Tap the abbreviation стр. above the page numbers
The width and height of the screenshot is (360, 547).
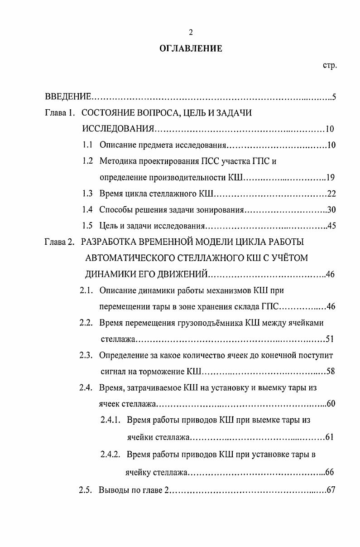tap(329, 66)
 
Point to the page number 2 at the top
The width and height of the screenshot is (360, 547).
tap(191, 32)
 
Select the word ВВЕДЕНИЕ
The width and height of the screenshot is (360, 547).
tap(68, 97)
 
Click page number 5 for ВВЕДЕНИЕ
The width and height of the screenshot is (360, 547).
tap(333, 97)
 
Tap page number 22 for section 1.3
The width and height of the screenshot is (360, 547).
tap(331, 194)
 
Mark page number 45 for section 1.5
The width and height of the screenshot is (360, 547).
tap(331, 226)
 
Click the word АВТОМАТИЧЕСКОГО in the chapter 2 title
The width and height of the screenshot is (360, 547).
tap(124, 258)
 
